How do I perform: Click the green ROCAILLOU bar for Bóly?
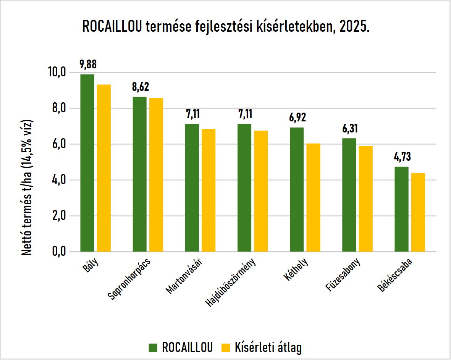coord(87,163)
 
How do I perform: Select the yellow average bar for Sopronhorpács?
coord(156,175)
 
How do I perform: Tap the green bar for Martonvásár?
coord(192,188)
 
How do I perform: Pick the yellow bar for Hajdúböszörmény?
coord(261,191)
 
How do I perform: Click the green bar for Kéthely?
coord(297,190)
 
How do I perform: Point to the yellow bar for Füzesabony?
coord(365,199)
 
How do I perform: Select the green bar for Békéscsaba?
coord(401,209)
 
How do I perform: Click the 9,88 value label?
coord(88,65)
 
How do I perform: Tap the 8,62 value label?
coord(141,87)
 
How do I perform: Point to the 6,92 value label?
coord(298,117)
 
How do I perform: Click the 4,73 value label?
coord(403,157)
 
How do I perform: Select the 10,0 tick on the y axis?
coord(57,72)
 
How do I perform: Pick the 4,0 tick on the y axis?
coord(59,180)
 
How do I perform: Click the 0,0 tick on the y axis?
coord(59,252)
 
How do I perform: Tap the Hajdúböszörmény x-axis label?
coord(231,282)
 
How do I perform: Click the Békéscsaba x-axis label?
coord(395,275)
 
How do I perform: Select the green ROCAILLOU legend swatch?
coord(153,348)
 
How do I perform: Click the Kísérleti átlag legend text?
coord(268,347)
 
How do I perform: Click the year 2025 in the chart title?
coord(354,27)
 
